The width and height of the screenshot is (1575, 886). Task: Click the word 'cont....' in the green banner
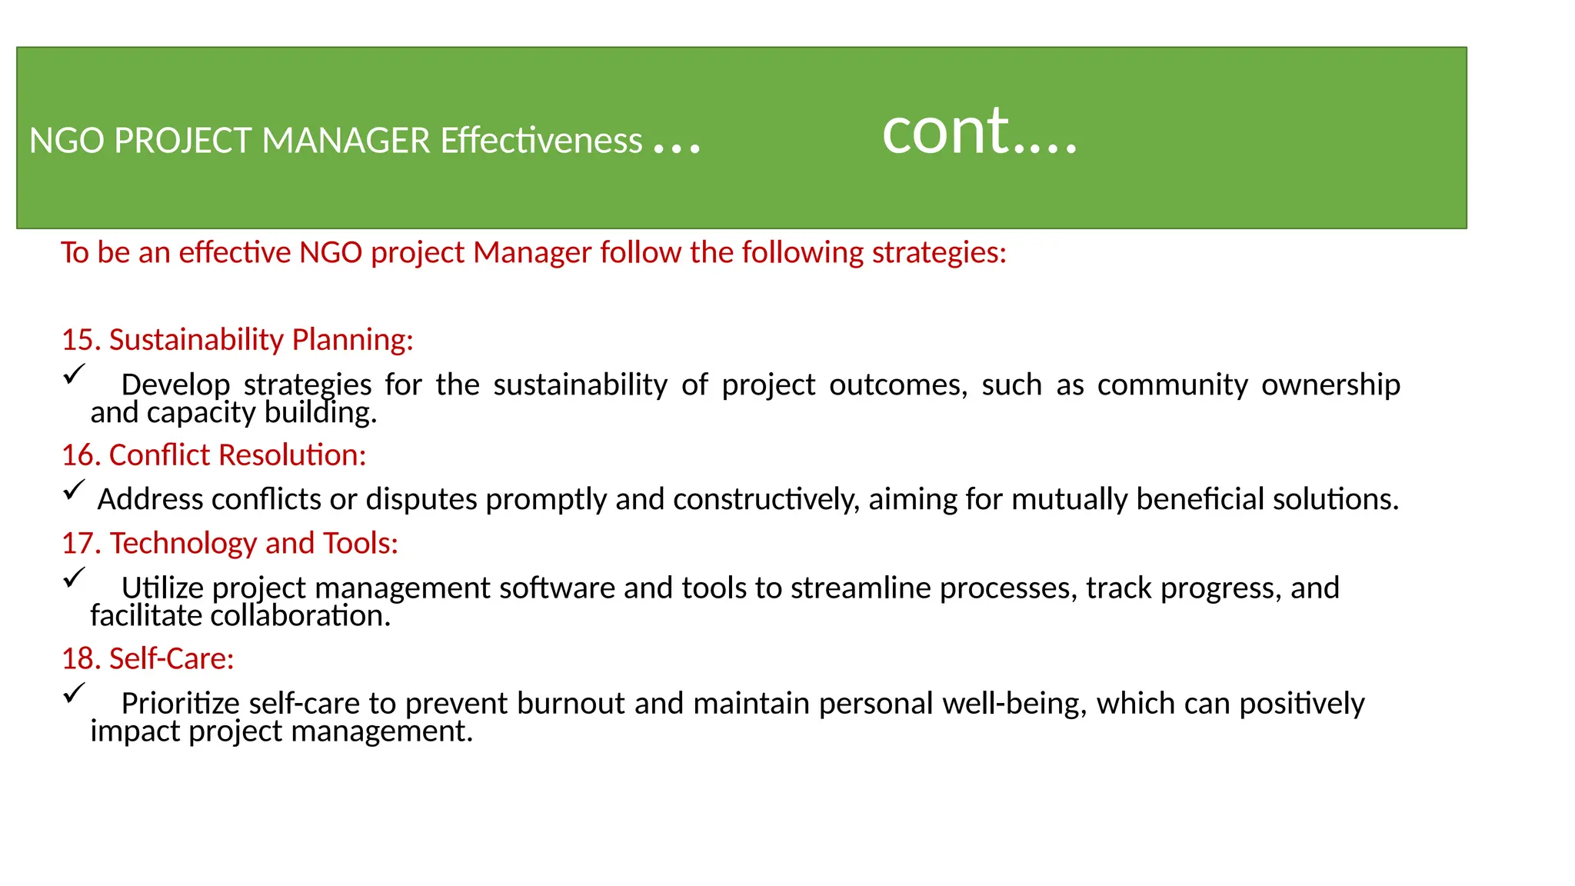coord(979,132)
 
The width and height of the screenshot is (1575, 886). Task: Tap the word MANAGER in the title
coord(346,141)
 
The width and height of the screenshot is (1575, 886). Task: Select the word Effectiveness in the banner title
coord(541,141)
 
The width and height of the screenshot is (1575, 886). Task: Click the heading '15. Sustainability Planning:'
coord(238,339)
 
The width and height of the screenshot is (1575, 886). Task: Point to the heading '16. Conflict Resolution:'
coord(214,455)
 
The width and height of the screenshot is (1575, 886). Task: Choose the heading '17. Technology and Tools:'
coord(230,543)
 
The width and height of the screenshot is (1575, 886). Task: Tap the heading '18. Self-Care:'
coord(148,658)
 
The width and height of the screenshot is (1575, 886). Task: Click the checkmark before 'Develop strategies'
coord(74,375)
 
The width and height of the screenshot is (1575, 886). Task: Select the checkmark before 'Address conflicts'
coord(74,490)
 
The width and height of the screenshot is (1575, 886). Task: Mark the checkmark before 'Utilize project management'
coord(74,577)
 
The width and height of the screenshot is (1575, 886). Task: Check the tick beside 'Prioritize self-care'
coord(74,692)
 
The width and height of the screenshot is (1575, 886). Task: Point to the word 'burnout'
coord(571,704)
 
